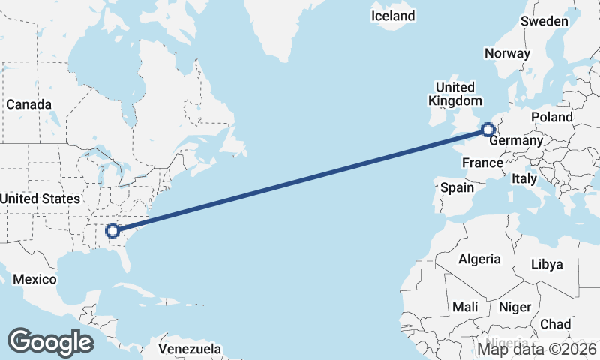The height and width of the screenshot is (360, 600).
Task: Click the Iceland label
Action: click(x=393, y=16)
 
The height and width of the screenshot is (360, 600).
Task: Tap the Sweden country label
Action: click(x=544, y=21)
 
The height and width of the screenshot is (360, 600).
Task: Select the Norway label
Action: click(x=507, y=53)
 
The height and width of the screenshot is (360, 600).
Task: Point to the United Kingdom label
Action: click(x=455, y=94)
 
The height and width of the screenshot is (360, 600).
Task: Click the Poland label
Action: click(x=551, y=117)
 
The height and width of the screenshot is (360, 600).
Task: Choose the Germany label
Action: click(x=516, y=141)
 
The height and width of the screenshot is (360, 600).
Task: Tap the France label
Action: click(x=481, y=163)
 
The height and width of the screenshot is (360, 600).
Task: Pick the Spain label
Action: click(x=457, y=187)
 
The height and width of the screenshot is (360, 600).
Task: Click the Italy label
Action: click(x=523, y=179)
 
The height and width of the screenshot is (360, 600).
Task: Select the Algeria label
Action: click(x=479, y=259)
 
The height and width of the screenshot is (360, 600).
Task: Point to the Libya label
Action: click(x=546, y=265)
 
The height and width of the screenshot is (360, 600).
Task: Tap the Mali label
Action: click(x=465, y=307)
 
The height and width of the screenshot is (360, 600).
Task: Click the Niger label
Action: click(x=514, y=307)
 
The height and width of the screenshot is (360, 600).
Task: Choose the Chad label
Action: click(x=555, y=324)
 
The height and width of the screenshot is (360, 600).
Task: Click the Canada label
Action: click(x=28, y=104)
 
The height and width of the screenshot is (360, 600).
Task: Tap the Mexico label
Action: click(x=34, y=279)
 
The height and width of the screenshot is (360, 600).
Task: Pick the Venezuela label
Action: click(x=190, y=349)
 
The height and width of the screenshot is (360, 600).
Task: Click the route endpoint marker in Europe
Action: click(x=487, y=130)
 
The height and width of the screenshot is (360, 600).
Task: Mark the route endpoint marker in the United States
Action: click(x=112, y=231)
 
